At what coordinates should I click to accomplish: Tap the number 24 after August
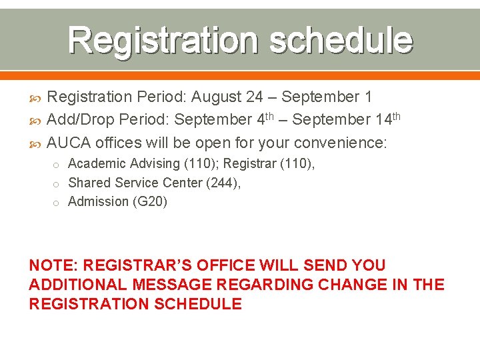click(x=254, y=97)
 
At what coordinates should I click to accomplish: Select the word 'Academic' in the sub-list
click(x=95, y=163)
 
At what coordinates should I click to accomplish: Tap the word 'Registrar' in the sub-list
click(x=249, y=163)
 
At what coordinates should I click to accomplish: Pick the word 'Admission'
click(x=97, y=201)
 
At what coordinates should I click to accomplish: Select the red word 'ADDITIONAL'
click(x=78, y=285)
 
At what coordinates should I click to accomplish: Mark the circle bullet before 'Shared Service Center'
click(x=57, y=183)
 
